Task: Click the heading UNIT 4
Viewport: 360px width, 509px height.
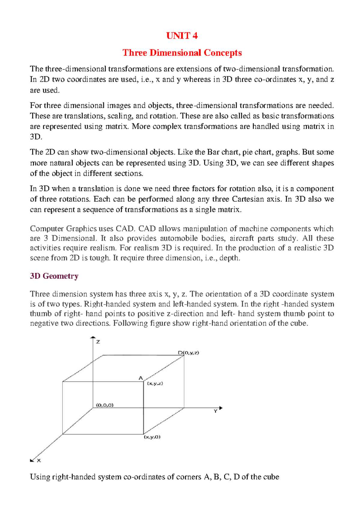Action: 182,36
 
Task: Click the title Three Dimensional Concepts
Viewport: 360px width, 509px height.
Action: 182,53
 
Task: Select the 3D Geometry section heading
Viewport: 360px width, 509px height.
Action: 54,276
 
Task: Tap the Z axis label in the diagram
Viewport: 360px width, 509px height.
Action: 98,342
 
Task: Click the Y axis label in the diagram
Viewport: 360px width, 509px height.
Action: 215,411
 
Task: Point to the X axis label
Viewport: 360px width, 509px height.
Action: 39,461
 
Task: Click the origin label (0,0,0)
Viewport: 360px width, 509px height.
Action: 105,405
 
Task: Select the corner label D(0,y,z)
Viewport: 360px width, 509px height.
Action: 188,353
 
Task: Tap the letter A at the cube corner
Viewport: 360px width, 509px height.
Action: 140,378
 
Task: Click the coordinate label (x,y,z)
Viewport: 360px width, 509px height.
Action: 155,384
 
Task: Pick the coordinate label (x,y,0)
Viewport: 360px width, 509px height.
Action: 152,437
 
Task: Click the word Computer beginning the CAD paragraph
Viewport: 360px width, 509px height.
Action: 47,229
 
